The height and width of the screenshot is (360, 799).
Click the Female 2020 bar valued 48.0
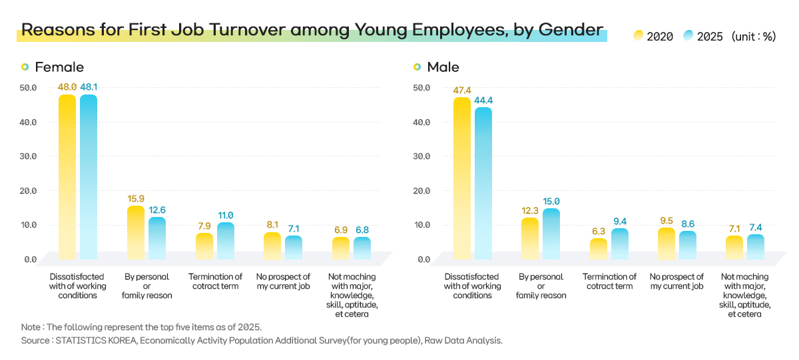point(67,176)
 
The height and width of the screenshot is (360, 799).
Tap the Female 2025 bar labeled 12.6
point(157,238)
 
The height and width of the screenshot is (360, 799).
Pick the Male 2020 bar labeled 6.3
point(599,248)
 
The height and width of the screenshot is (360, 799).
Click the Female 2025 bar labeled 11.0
point(226,240)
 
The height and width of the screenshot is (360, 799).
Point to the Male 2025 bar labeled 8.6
point(688,245)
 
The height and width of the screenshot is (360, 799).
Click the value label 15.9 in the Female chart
point(136,198)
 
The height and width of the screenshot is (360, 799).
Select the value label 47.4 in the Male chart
point(462,90)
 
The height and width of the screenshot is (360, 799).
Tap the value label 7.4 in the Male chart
point(755,227)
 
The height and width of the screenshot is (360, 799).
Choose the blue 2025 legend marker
point(688,37)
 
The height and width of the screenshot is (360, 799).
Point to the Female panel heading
point(59,67)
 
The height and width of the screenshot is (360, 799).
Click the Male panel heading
point(443,67)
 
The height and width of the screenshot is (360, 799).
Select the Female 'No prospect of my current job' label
point(284,281)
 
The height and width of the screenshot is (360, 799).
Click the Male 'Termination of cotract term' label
point(609,281)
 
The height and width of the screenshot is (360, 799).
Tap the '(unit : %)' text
point(754,37)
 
